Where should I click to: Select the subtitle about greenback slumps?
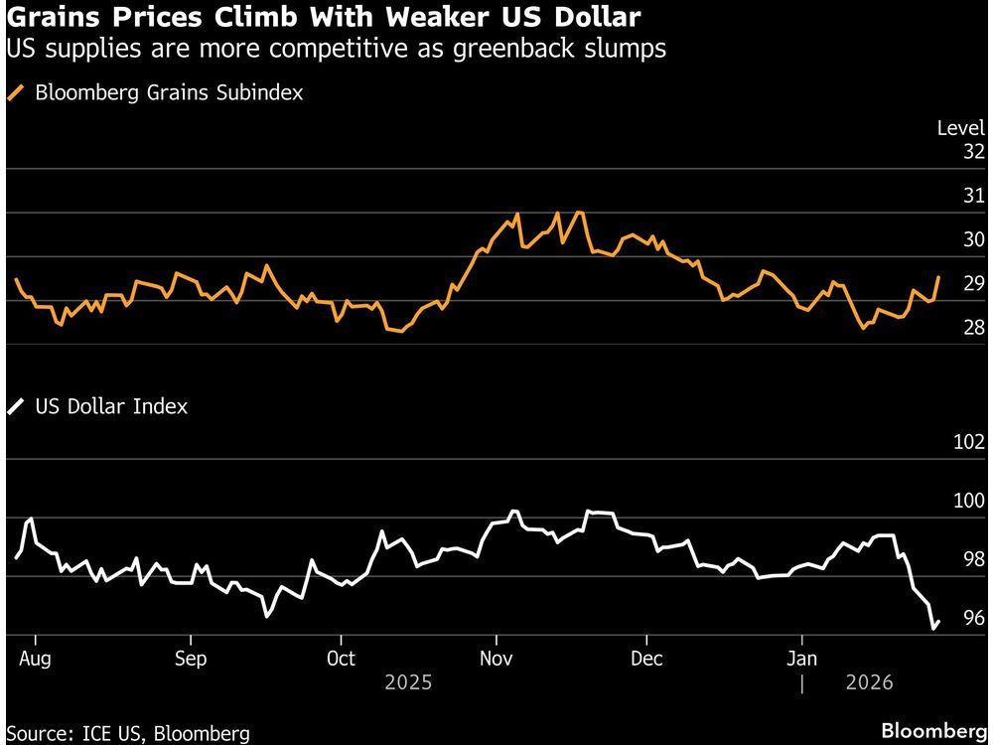point(336,49)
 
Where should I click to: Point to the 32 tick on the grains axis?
point(973,152)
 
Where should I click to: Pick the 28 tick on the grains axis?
point(973,328)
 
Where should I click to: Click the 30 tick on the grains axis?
point(973,239)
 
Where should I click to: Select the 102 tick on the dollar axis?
point(968,443)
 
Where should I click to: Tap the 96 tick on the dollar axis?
point(973,618)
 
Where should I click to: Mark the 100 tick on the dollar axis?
point(968,502)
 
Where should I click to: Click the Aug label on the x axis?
point(35,659)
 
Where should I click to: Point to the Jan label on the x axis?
point(801,659)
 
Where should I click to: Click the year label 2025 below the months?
point(407,683)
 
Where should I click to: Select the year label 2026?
point(869,683)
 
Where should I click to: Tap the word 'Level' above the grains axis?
point(960,127)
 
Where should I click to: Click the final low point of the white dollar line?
point(933,628)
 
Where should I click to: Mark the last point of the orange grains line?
point(938,277)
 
